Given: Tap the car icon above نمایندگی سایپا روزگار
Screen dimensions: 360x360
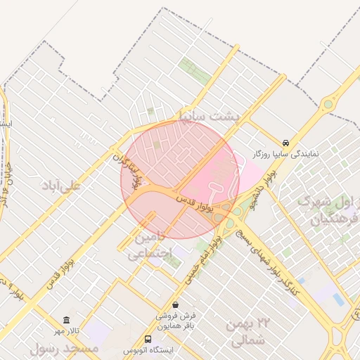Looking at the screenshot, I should [285, 141].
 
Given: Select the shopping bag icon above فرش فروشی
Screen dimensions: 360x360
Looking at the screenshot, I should [174, 304].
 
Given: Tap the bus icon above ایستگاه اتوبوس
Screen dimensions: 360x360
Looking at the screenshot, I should [148, 339].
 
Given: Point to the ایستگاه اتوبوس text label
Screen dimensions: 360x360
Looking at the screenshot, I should [148, 350].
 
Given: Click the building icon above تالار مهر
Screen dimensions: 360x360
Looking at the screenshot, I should [66, 320].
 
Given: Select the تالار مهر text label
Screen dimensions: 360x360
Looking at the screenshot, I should [66, 330].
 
